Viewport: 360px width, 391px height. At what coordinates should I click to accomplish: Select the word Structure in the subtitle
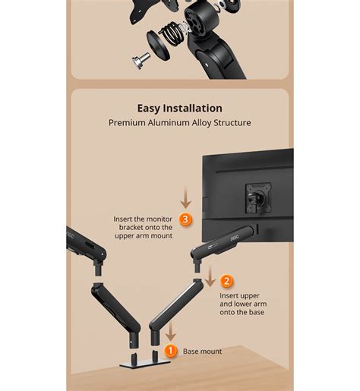click(x=230, y=122)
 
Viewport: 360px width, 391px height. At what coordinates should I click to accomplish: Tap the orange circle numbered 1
click(x=171, y=351)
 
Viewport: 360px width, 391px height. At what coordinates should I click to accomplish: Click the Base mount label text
click(x=203, y=352)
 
